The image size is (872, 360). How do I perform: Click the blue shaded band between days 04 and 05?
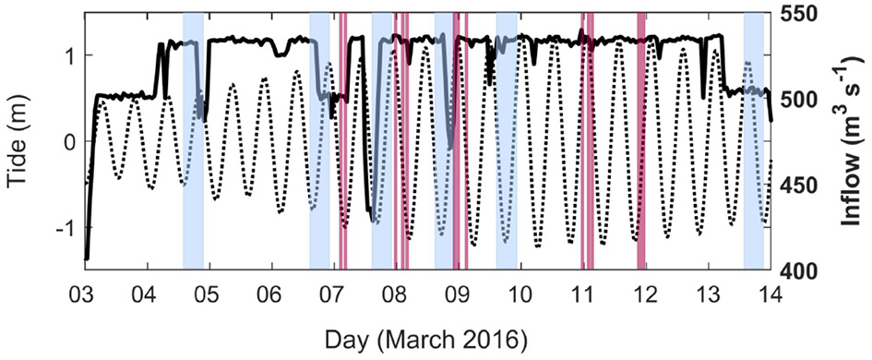(193, 138)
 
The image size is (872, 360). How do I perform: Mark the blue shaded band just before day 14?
(753, 138)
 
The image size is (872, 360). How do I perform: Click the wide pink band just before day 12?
(640, 138)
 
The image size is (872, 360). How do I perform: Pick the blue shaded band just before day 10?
(506, 138)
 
